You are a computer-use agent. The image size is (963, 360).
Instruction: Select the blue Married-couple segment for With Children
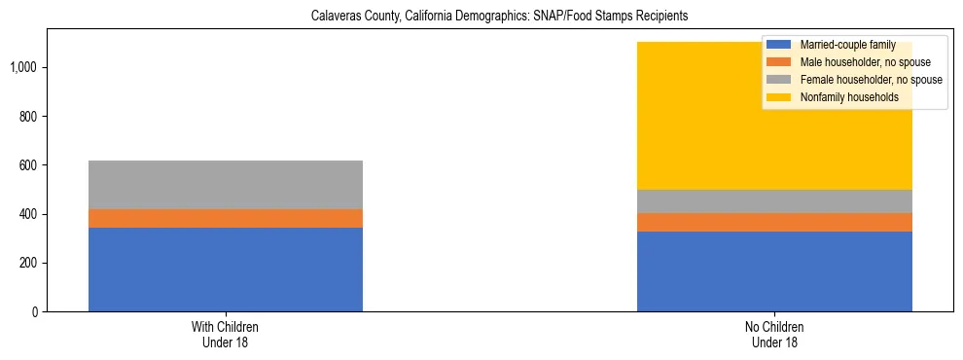click(226, 270)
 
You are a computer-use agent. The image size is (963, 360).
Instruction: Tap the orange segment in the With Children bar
click(226, 218)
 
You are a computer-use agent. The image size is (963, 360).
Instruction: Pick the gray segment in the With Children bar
click(226, 185)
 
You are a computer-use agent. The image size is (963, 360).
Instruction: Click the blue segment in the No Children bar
click(774, 271)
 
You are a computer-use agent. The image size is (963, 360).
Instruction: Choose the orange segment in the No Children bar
click(774, 222)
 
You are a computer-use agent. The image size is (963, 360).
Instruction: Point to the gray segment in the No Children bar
click(774, 201)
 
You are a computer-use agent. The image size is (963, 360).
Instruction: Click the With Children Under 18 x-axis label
click(226, 335)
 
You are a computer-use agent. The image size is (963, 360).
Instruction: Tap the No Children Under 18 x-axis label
click(774, 335)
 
